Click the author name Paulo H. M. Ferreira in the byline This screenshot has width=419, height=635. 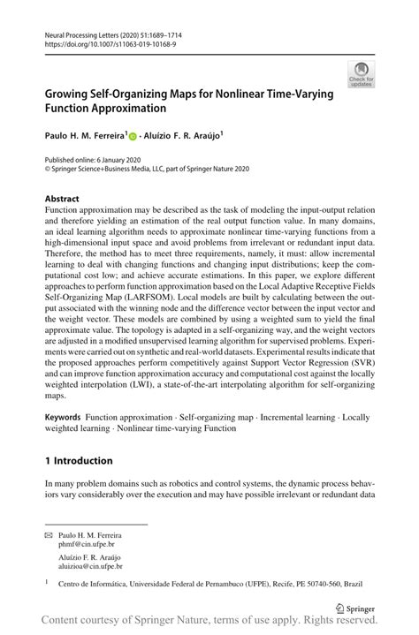[x=82, y=136]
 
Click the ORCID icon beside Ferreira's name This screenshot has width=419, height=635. [x=133, y=137]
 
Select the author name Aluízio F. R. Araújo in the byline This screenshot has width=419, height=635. [x=183, y=136]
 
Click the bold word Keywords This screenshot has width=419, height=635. [x=64, y=417]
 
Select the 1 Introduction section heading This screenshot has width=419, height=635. [x=79, y=461]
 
